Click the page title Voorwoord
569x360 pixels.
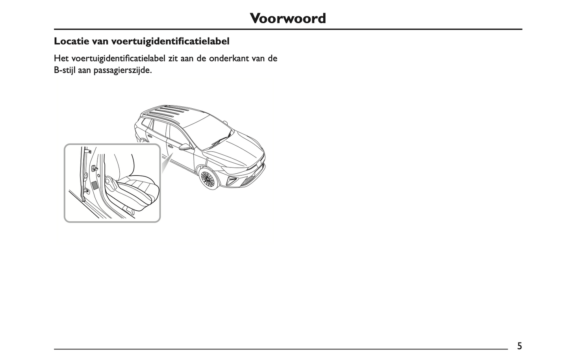click(x=288, y=18)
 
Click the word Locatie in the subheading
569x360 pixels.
click(x=71, y=41)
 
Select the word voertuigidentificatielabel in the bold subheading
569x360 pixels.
click(x=170, y=41)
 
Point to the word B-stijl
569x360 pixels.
click(x=65, y=71)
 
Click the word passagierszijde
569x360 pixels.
click(x=123, y=71)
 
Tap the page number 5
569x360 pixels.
click(x=520, y=346)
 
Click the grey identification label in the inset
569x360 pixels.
click(x=95, y=185)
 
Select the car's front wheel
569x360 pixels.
click(x=208, y=178)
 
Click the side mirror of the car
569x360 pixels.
click(x=185, y=147)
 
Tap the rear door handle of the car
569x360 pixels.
click(x=148, y=136)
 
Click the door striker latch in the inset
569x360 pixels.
click(x=95, y=169)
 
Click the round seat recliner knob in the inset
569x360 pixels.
click(x=109, y=181)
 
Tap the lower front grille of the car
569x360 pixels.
click(x=250, y=180)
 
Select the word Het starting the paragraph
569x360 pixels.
click(x=61, y=58)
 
